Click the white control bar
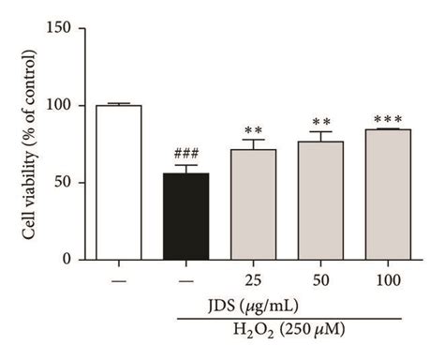(119, 183)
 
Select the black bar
(186, 217)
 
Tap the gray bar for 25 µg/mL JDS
(253, 204)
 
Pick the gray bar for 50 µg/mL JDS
(320, 201)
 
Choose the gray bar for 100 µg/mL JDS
(388, 194)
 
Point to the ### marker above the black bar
(186, 154)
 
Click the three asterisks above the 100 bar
(388, 119)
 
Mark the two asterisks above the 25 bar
(254, 130)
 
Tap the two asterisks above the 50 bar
(321, 122)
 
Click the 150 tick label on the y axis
(58, 28)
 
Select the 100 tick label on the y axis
(58, 105)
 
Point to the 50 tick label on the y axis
(63, 182)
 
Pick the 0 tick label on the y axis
(67, 259)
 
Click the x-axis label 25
(253, 280)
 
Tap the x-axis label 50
(320, 280)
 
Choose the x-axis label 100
(388, 280)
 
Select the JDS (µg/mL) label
(253, 307)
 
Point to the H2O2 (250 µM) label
(289, 331)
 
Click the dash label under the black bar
(186, 281)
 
